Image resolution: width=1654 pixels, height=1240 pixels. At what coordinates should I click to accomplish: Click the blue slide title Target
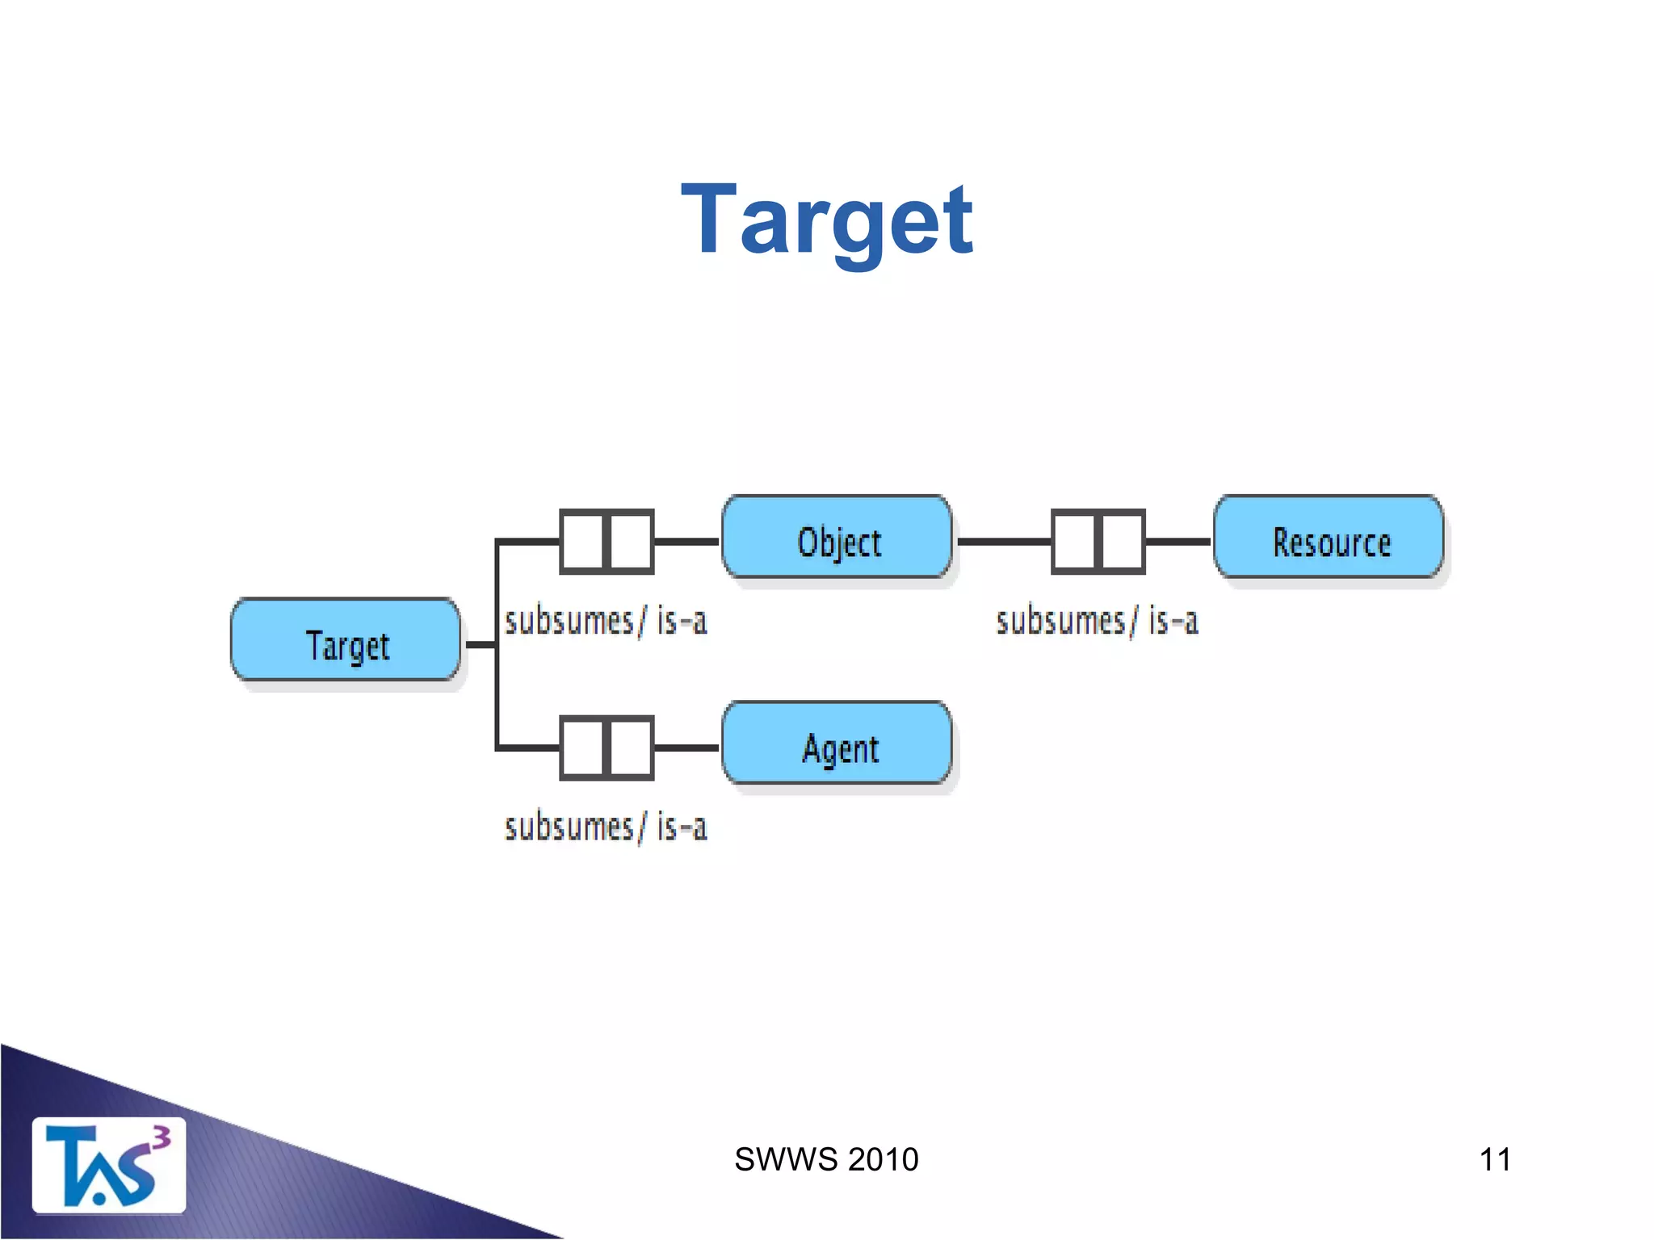[x=826, y=220]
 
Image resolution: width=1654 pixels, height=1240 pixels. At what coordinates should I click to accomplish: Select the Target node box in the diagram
[x=346, y=640]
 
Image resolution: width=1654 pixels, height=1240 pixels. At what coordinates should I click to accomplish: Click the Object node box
[x=837, y=538]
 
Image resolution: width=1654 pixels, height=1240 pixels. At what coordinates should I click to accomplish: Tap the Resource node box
[x=1329, y=538]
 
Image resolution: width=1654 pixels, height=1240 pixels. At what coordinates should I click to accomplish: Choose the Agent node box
[x=837, y=744]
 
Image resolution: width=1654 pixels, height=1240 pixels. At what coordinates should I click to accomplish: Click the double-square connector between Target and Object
[x=607, y=542]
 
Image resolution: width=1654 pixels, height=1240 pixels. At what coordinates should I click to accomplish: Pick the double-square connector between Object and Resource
[x=1098, y=542]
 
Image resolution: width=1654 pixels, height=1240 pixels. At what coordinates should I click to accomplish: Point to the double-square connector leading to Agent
[x=607, y=748]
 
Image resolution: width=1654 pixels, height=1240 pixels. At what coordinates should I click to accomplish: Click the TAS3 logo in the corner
[x=108, y=1166]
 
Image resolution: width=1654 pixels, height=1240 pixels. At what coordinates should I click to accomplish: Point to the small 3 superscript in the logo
[x=162, y=1137]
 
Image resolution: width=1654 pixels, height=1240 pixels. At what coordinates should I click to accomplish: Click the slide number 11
[x=1495, y=1160]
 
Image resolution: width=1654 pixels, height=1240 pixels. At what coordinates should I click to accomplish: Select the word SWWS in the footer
[x=786, y=1160]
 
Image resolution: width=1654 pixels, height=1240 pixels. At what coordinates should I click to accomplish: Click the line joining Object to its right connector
[x=1004, y=542]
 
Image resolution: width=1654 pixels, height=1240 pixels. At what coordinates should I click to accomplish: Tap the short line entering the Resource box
[x=1178, y=542]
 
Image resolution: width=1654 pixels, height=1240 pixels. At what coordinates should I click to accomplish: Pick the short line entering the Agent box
[x=686, y=748]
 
